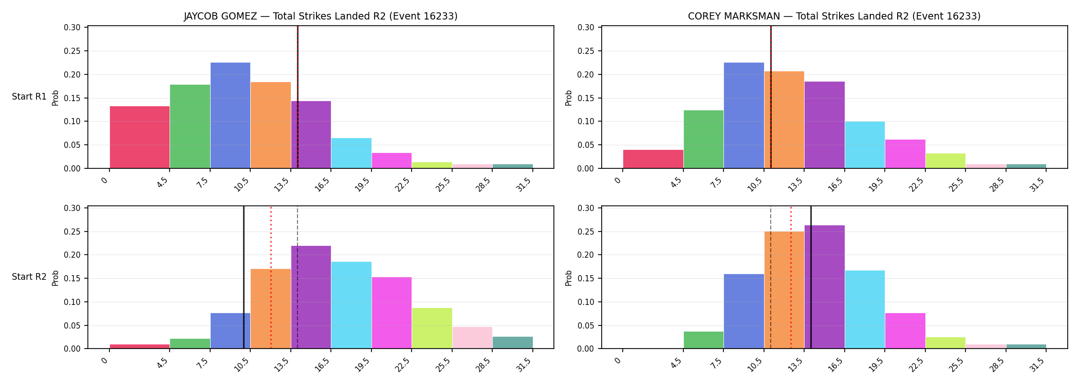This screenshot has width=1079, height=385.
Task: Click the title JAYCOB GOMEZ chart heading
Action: [x=321, y=16]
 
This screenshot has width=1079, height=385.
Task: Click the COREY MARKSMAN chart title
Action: [x=834, y=16]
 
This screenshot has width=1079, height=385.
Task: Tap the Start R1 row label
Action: [x=29, y=97]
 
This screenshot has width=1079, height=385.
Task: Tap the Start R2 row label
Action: [x=29, y=277]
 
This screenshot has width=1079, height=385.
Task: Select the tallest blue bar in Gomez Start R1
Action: [x=230, y=115]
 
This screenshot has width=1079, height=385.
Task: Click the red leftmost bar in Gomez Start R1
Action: [x=140, y=137]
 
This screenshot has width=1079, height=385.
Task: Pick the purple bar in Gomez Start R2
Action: [x=311, y=297]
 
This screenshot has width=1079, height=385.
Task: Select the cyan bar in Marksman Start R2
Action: [x=865, y=310]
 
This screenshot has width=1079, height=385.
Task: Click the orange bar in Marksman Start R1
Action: [x=784, y=120]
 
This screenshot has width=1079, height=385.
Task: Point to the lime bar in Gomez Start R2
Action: [x=432, y=328]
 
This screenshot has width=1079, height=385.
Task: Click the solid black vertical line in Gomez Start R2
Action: [x=244, y=277]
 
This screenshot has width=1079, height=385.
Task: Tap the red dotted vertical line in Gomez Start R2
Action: [x=271, y=277]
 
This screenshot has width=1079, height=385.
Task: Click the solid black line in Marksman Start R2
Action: [x=811, y=277]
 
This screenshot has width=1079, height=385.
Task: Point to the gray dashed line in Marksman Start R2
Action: [x=771, y=277]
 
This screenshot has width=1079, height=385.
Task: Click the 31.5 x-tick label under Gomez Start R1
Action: [x=524, y=184]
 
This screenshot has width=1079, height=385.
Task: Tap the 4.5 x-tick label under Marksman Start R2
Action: [x=676, y=364]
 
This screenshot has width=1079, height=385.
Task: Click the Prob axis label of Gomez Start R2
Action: [x=55, y=278]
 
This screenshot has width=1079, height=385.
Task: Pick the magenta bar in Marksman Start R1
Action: [x=905, y=154]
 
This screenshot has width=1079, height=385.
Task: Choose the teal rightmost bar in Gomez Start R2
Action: [x=512, y=342]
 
